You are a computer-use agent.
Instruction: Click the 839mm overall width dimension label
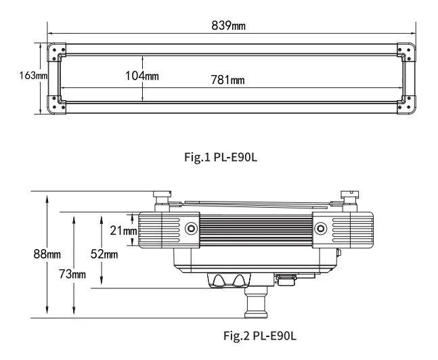[x=228, y=26]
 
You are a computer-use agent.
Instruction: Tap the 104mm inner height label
[x=141, y=75]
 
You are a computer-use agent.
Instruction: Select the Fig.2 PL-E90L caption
[x=260, y=336]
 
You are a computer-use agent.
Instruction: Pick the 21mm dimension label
[x=123, y=230]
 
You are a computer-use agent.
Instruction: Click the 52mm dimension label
[x=104, y=254]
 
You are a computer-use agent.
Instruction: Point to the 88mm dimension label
[x=47, y=254]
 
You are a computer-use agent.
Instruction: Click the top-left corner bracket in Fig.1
[x=56, y=51]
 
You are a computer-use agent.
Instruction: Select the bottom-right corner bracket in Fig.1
[x=406, y=106]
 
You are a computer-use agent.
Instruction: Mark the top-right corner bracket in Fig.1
[x=406, y=51]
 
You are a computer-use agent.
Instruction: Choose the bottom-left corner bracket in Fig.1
[x=56, y=106]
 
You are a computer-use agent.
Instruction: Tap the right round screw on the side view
[x=320, y=228]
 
